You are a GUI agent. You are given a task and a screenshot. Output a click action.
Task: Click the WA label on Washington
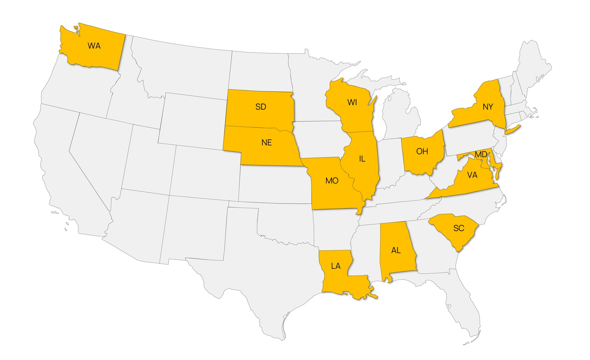point(94,46)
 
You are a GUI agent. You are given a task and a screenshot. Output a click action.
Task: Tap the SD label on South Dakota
point(261,107)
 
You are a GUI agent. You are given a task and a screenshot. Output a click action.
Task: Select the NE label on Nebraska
point(267,143)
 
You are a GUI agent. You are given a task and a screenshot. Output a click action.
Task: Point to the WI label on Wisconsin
point(352,102)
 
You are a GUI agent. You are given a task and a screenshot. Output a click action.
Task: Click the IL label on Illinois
point(362,159)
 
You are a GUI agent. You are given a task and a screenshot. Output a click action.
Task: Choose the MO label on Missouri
point(332,180)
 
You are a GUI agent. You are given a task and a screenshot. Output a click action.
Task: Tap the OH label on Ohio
point(422,151)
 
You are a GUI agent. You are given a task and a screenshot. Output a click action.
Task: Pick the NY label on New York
point(488,107)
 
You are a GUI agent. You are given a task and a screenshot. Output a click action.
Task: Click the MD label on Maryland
point(481,154)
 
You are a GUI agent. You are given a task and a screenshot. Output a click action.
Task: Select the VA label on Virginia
point(472,175)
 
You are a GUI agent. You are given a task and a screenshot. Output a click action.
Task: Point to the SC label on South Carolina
point(459,228)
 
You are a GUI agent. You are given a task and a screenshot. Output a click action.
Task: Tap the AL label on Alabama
point(396,250)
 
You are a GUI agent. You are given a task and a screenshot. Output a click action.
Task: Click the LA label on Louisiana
point(336,266)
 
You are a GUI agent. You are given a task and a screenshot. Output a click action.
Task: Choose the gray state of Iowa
point(319,138)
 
